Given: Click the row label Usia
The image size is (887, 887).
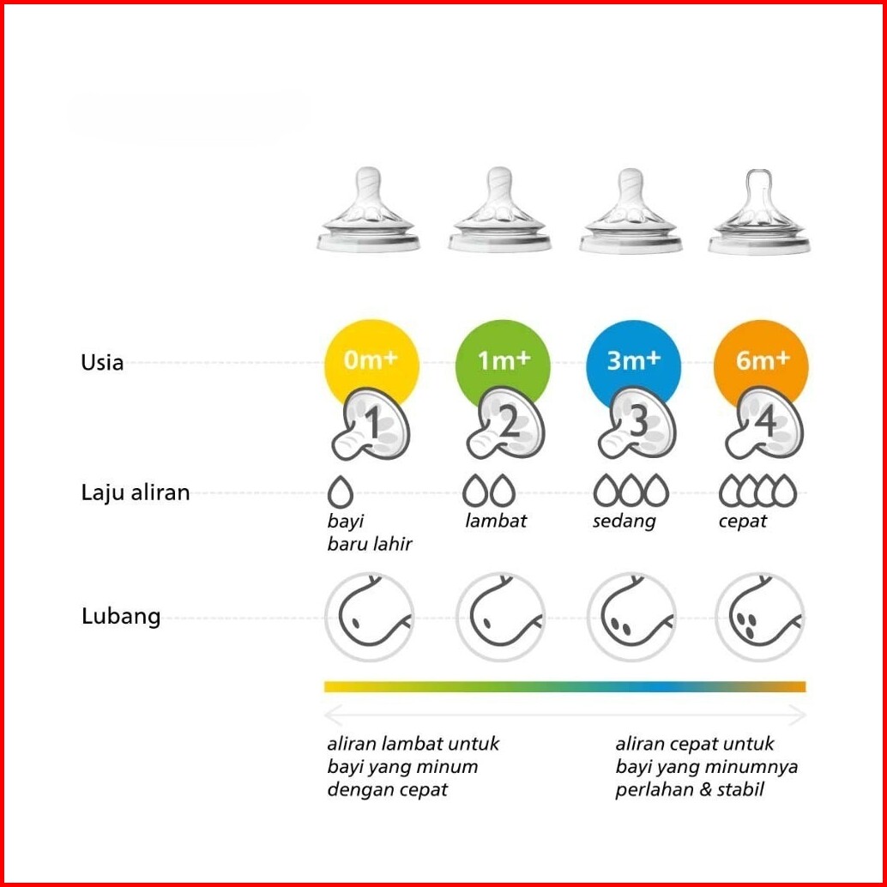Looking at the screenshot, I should pyautogui.click(x=102, y=363).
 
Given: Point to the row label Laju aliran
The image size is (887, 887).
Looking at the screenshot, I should pyautogui.click(x=136, y=493).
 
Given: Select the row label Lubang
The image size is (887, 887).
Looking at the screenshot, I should pyautogui.click(x=121, y=617).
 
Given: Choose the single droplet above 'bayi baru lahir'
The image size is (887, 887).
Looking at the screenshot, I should pyautogui.click(x=341, y=492).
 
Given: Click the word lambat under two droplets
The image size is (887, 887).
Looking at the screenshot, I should pyautogui.click(x=496, y=521).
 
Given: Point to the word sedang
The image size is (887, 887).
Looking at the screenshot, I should pyautogui.click(x=624, y=521).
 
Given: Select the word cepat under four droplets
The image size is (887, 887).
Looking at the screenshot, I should pyautogui.click(x=743, y=521).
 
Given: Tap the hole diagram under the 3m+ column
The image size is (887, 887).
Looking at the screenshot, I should pyautogui.click(x=631, y=617).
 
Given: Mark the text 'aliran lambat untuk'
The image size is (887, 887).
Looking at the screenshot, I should pyautogui.click(x=413, y=744).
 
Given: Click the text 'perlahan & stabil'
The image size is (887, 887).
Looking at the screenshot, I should pyautogui.click(x=689, y=789).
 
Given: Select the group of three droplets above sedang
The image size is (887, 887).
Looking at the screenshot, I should pyautogui.click(x=631, y=492).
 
